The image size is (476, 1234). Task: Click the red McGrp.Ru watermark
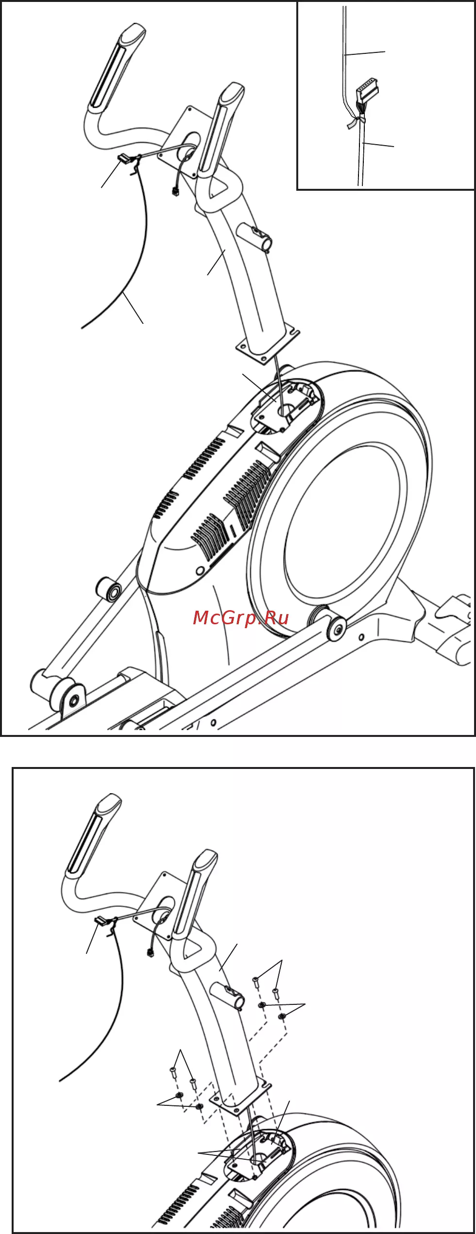pos(241,617)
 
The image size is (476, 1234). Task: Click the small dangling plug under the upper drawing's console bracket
pos(175,191)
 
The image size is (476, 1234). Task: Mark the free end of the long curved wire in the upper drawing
pos(82,328)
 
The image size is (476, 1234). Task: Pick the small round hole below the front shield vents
pos(199,570)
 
